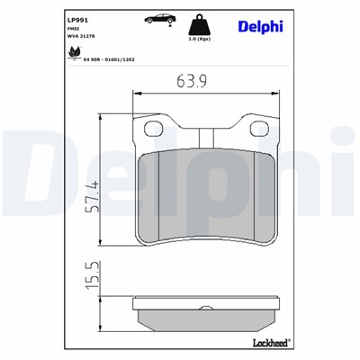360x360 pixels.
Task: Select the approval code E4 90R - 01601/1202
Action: pyautogui.click(x=111, y=58)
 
